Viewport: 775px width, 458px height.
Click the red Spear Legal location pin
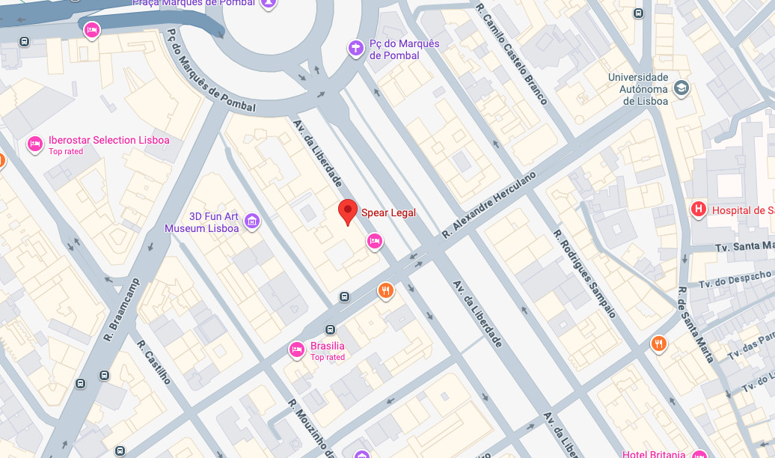point(347,211)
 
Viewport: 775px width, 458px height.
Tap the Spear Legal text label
point(388,213)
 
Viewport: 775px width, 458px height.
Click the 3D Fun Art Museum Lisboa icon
point(252,221)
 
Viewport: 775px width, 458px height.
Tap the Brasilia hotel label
point(327,346)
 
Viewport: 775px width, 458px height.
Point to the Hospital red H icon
point(699,210)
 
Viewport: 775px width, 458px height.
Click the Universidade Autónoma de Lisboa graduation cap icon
point(681,88)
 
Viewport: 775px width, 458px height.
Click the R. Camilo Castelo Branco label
point(512,53)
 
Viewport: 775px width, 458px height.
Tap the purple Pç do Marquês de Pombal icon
point(356,49)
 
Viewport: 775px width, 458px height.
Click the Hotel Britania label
point(654,454)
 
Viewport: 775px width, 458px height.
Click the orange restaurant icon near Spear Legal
point(385,290)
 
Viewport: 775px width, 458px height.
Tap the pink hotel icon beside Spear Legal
point(375,241)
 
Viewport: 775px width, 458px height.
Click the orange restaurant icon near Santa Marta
point(658,343)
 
